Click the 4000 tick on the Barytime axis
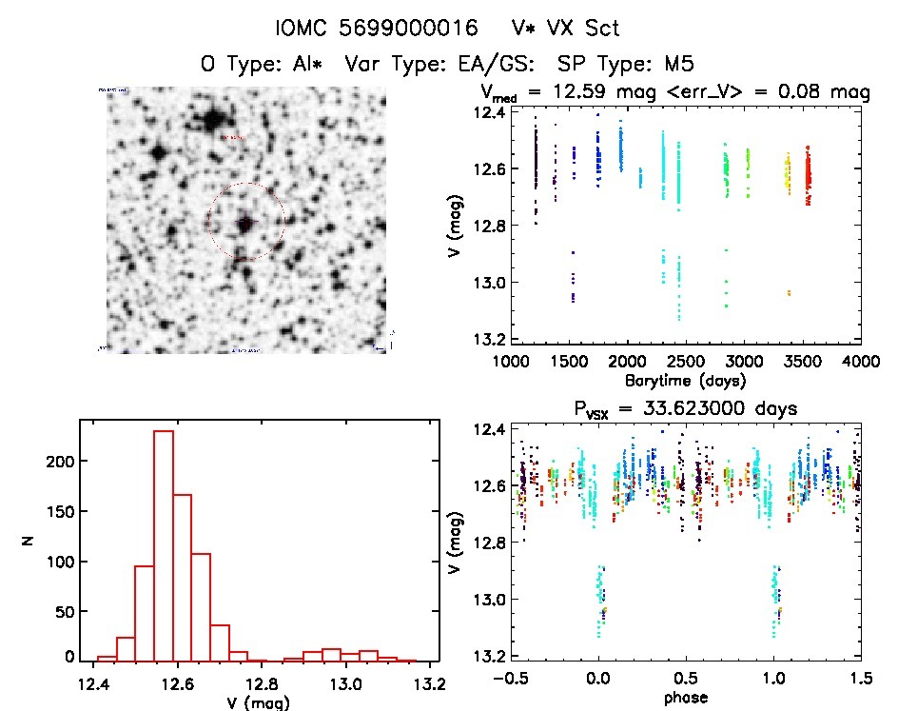(x=861, y=362)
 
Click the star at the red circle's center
(x=245, y=223)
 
